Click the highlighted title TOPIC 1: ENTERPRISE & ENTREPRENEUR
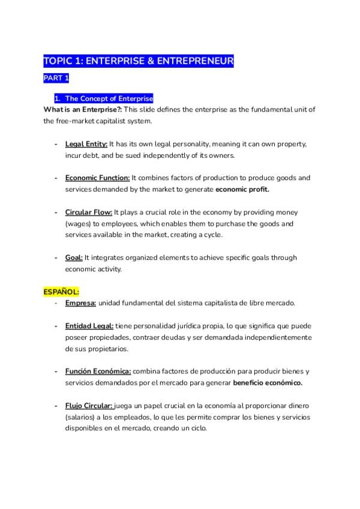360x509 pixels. (x=139, y=61)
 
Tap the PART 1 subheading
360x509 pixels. (x=56, y=79)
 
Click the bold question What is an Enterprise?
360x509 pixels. (x=81, y=109)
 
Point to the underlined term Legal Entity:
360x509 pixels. (x=86, y=145)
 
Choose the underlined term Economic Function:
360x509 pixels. (x=97, y=178)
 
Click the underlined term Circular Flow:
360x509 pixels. (x=88, y=212)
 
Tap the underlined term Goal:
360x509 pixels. (x=74, y=258)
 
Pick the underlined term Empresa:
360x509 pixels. (x=80, y=303)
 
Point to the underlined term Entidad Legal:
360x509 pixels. (x=89, y=326)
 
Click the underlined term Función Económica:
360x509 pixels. (x=98, y=372)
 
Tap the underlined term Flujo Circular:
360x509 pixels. (x=89, y=406)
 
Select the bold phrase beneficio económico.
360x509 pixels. (x=268, y=383)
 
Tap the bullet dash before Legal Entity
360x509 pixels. (x=56, y=145)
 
